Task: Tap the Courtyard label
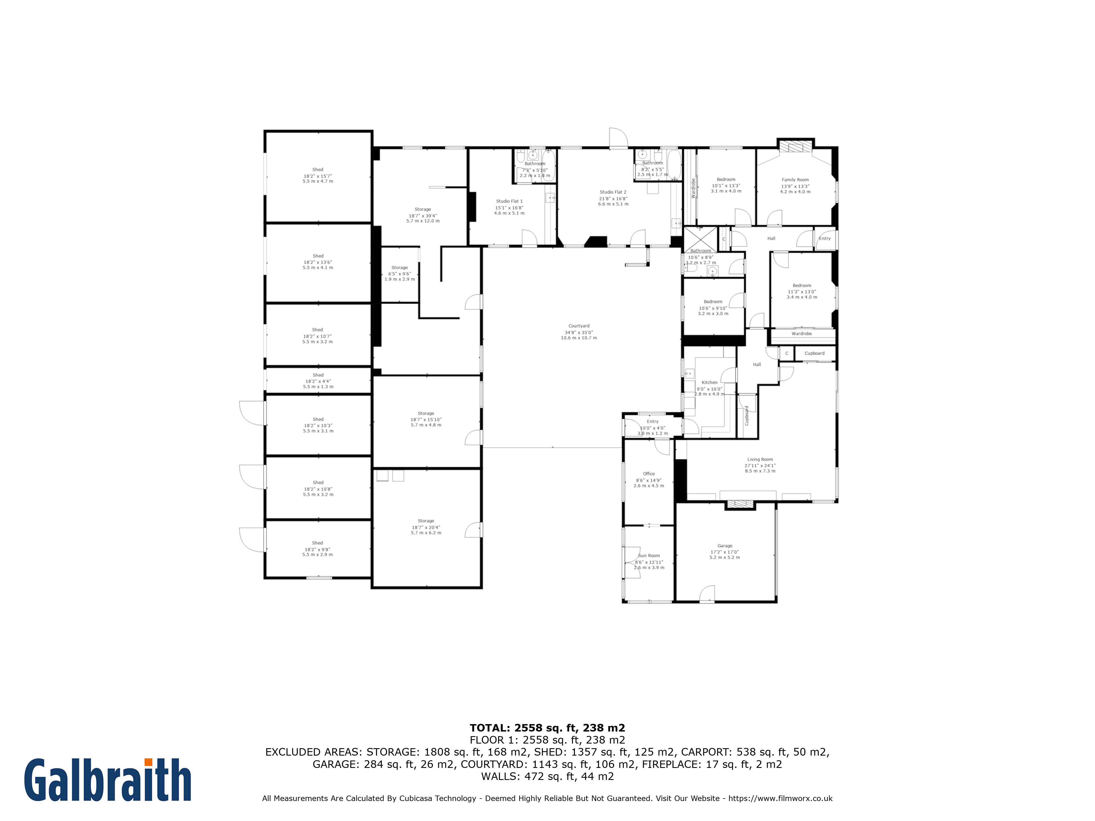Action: point(579,326)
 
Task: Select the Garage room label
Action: point(725,546)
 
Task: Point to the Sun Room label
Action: point(649,556)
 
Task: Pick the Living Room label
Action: point(760,459)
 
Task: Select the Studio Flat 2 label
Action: point(613,192)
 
